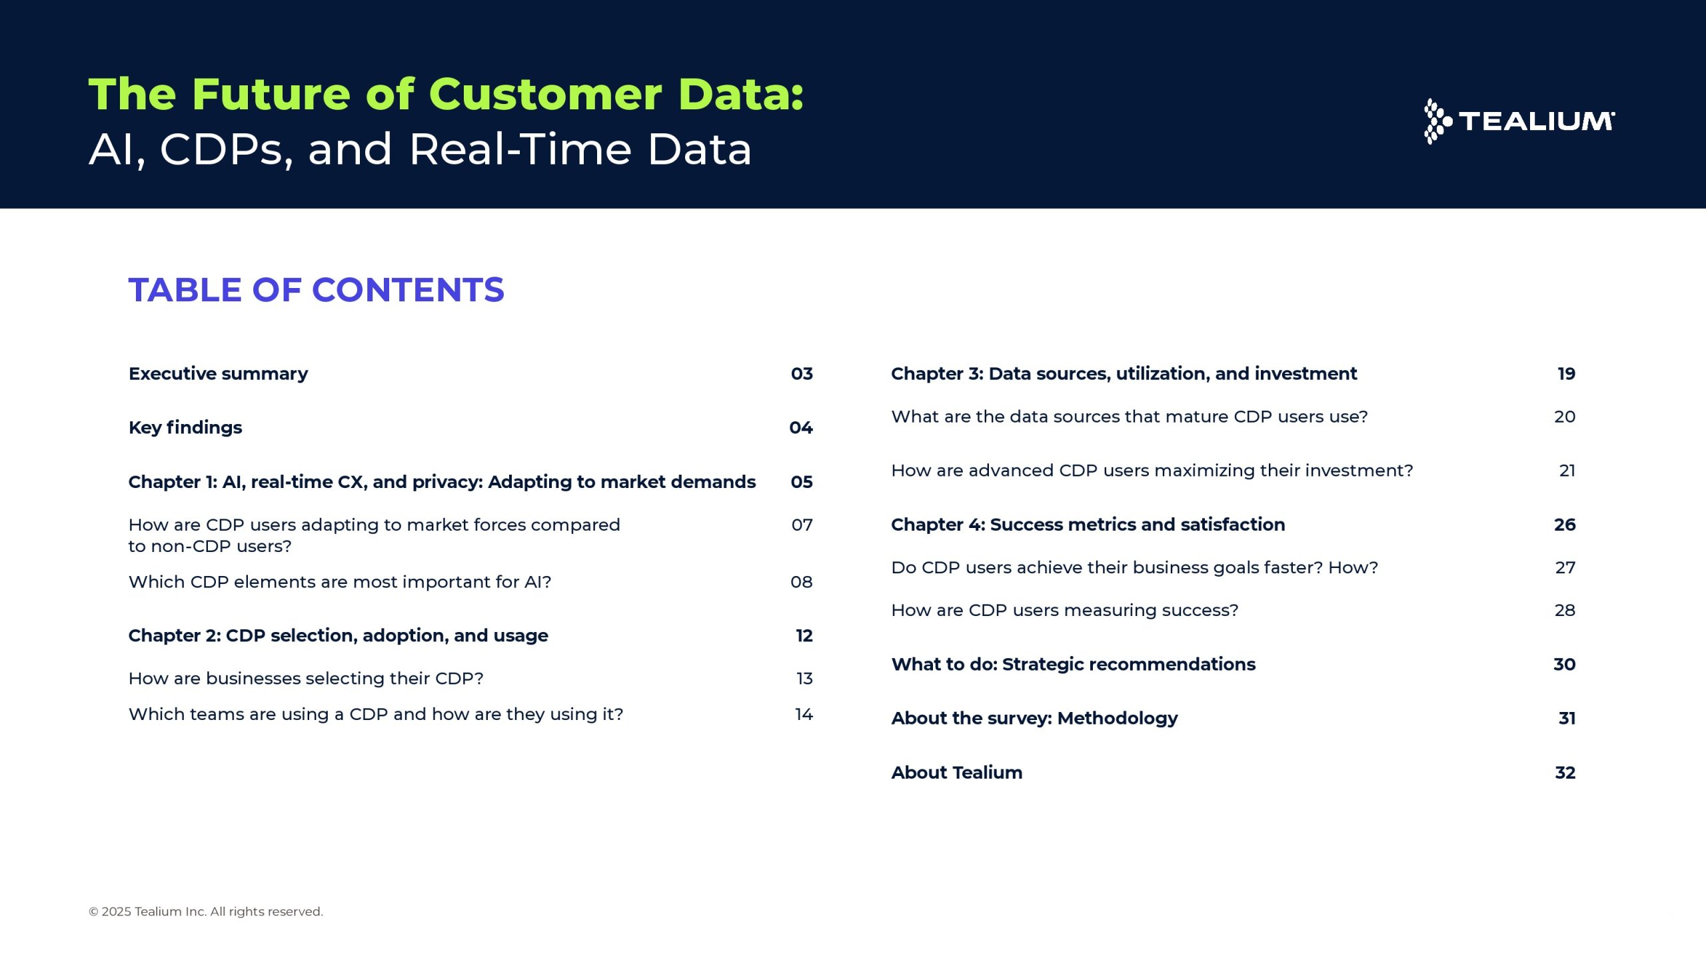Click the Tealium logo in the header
[1519, 121]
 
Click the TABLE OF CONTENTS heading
[317, 290]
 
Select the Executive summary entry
[218, 374]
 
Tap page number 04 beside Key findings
[801, 428]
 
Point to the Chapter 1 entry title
[442, 482]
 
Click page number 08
[802, 582]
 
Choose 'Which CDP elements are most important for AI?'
[340, 582]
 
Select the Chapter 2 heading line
[338, 636]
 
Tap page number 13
[805, 679]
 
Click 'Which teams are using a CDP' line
[376, 715]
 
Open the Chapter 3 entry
[1124, 374]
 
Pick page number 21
[1567, 471]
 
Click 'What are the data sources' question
[1130, 417]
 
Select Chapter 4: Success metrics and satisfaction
[1088, 525]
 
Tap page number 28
[1565, 611]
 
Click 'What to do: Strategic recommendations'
[1074, 665]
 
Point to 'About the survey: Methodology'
[1034, 719]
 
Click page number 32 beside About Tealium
[1565, 773]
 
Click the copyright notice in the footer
[206, 912]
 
